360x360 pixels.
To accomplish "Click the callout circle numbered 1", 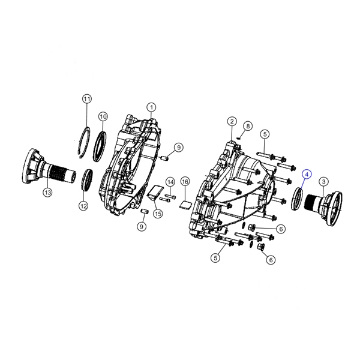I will (152, 107).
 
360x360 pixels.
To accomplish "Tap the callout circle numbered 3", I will (323, 181).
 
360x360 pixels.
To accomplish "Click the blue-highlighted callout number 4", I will (307, 174).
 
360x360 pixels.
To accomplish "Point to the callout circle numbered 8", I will (247, 125).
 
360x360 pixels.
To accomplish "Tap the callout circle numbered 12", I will (83, 206).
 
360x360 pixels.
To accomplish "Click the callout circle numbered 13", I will (47, 193).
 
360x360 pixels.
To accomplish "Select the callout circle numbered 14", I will (170, 182).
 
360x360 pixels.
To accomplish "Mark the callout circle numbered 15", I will (158, 214).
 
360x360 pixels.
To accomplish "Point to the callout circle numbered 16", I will (185, 181).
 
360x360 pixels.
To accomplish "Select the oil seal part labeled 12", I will (88, 180).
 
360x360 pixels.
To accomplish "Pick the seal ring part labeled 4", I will (297, 197).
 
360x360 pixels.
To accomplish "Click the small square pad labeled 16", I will (185, 202).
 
